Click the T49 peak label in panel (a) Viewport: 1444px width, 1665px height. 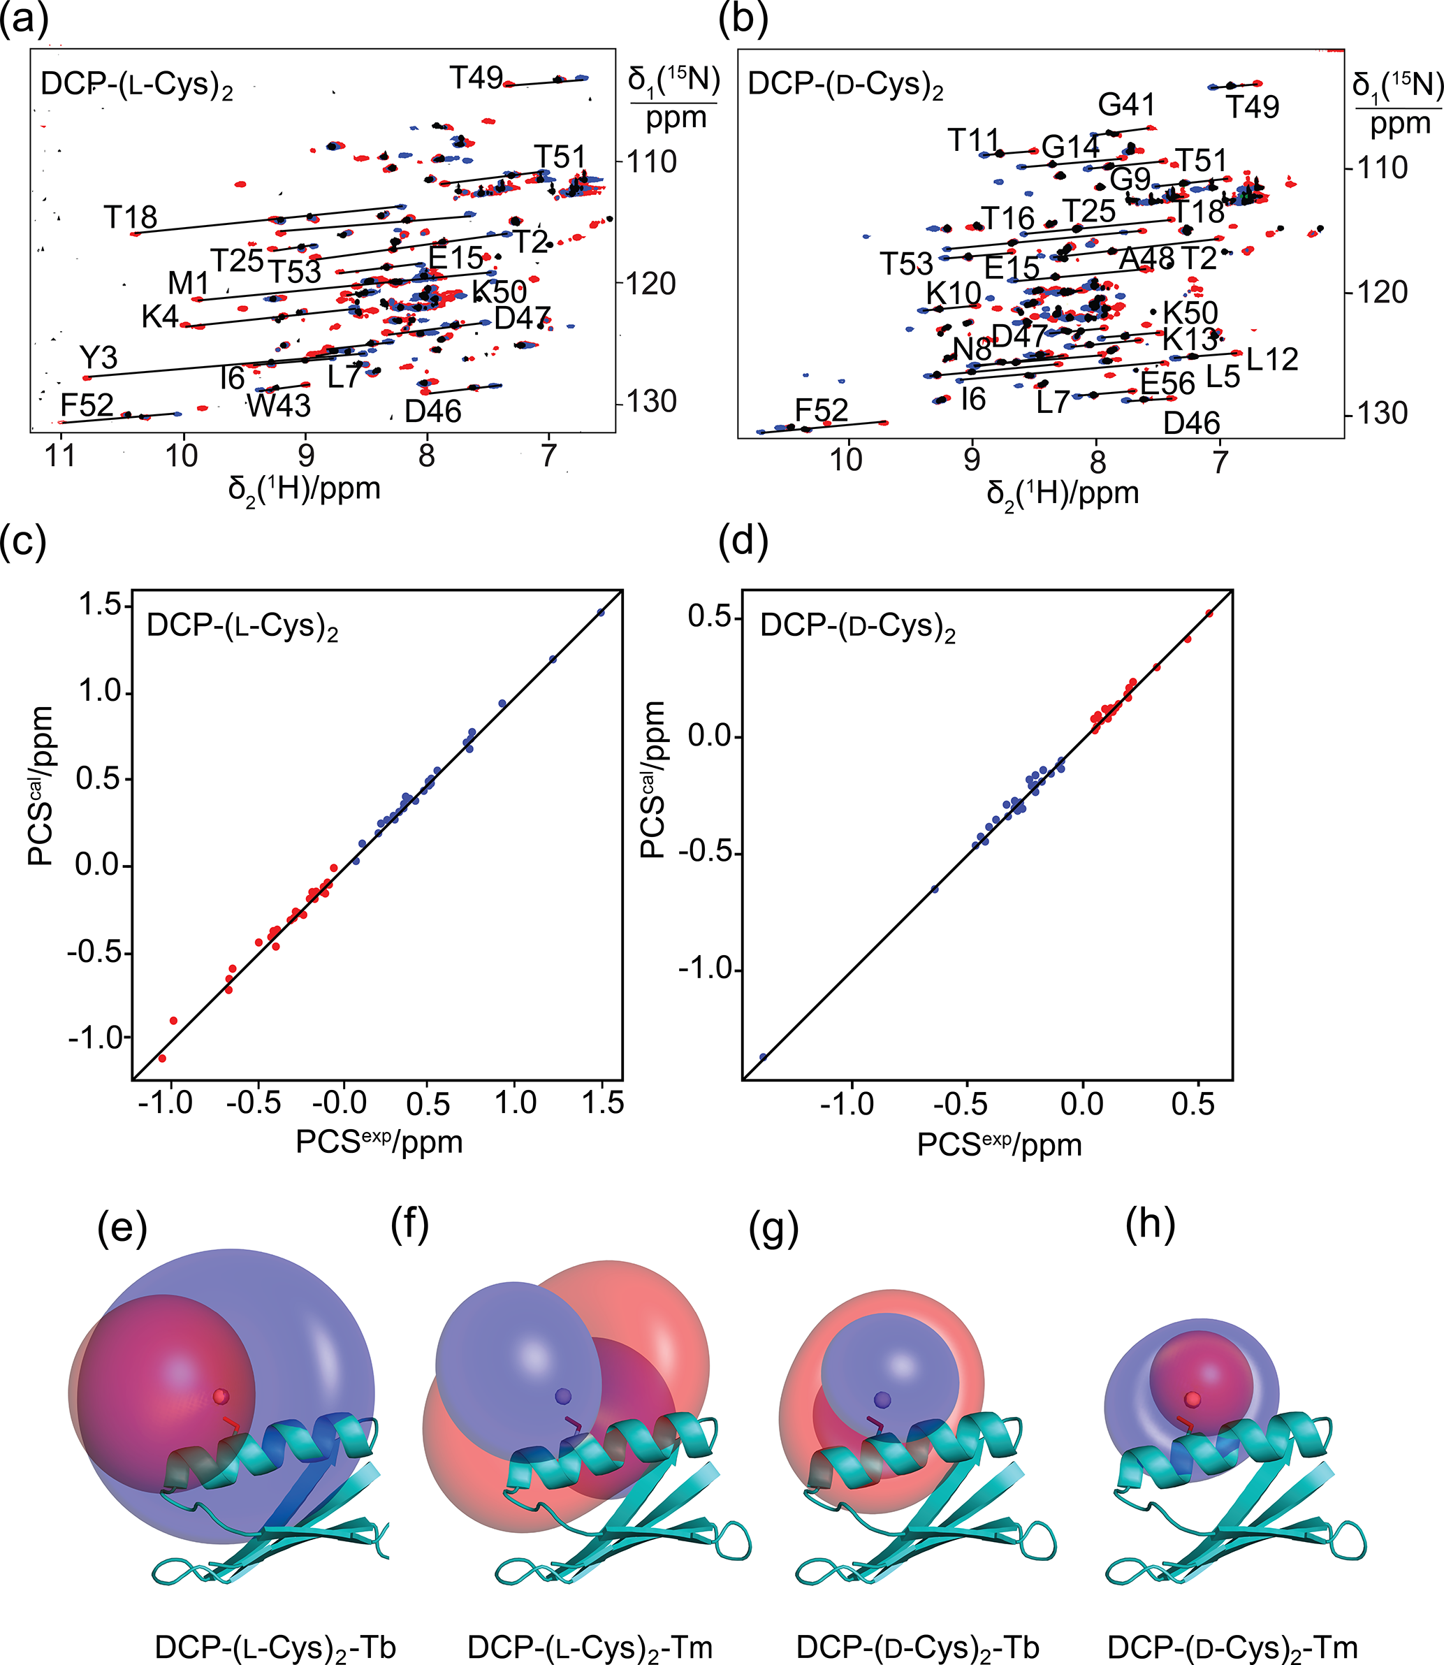[476, 78]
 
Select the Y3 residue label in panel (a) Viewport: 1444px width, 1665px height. [99, 357]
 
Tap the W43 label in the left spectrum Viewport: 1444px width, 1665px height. [279, 405]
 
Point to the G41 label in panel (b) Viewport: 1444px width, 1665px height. [1127, 105]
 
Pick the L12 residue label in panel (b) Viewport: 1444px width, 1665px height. [1272, 359]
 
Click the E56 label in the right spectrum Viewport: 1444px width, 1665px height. [1167, 384]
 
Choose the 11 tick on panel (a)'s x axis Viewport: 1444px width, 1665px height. [61, 456]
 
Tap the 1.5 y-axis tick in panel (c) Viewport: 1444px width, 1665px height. [99, 604]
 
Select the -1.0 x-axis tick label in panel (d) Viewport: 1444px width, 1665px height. [846, 1103]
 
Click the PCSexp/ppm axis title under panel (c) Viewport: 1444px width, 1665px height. [379, 1142]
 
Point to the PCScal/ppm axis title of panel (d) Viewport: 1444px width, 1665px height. [652, 780]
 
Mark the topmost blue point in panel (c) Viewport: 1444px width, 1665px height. [600, 613]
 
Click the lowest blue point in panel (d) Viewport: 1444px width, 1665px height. [763, 1056]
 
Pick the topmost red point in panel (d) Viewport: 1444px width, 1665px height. [1209, 613]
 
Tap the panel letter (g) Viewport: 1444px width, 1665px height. [773, 1230]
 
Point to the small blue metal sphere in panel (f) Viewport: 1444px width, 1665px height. [562, 1397]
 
